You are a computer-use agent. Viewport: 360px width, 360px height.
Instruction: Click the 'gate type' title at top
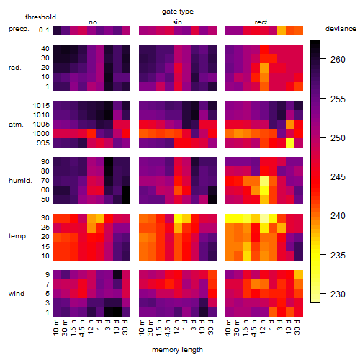coord(178,12)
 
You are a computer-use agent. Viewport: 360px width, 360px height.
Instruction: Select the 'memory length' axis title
coord(177,350)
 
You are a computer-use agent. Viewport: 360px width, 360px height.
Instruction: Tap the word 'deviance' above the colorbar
coord(341,29)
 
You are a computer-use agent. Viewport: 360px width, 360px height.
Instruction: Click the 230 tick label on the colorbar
coord(338,294)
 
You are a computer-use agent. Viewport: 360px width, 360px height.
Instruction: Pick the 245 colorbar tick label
coord(338,177)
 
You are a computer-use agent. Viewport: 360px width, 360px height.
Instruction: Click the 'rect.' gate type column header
coord(262,22)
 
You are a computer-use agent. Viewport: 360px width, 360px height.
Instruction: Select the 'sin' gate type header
coord(177,22)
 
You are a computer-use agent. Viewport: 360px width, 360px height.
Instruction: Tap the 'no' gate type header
coord(93,22)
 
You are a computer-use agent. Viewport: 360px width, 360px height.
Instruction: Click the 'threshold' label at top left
coord(40,17)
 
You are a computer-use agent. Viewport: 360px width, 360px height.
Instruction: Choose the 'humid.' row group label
coord(20,181)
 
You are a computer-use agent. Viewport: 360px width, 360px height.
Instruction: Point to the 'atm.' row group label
coord(16,125)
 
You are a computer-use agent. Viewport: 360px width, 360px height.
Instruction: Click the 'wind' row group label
coord(17,294)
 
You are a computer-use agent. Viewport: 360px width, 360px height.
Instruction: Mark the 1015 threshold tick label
coord(41,106)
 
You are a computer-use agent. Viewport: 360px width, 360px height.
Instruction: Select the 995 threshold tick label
coord(43,143)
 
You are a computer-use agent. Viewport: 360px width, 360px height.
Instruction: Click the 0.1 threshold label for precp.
coord(44,30)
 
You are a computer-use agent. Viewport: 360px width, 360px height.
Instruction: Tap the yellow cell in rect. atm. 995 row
coord(290,143)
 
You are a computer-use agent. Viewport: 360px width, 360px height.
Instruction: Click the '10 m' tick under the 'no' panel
coord(56,328)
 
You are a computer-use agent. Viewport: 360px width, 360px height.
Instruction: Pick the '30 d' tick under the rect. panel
coord(298,328)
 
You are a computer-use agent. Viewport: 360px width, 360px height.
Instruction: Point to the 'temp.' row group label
coord(18,236)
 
